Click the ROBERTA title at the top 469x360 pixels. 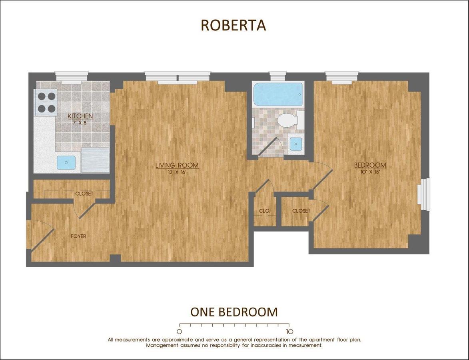(233, 25)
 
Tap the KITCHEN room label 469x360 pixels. (80, 116)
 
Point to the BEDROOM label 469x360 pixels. (370, 165)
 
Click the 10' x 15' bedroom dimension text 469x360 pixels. (370, 172)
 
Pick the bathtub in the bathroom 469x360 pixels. (278, 94)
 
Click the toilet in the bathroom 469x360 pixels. (287, 120)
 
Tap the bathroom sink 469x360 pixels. (296, 144)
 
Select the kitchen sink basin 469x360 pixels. (66, 162)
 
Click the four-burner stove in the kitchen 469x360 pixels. (46, 102)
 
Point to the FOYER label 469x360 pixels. (78, 236)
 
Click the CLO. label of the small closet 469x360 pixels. (265, 211)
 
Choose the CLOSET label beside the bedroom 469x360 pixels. (301, 211)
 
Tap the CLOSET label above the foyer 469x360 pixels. (84, 194)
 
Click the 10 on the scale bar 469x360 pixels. (289, 332)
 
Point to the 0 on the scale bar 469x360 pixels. (180, 332)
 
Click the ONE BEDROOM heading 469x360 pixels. (234, 312)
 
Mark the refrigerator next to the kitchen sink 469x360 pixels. (95, 160)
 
